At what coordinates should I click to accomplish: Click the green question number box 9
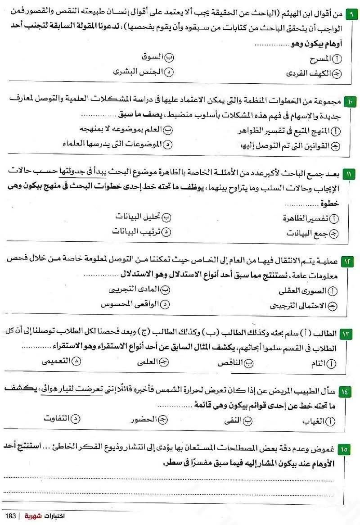point(351,14)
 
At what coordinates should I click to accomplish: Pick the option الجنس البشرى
point(137,72)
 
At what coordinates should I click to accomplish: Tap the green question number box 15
point(351,449)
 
